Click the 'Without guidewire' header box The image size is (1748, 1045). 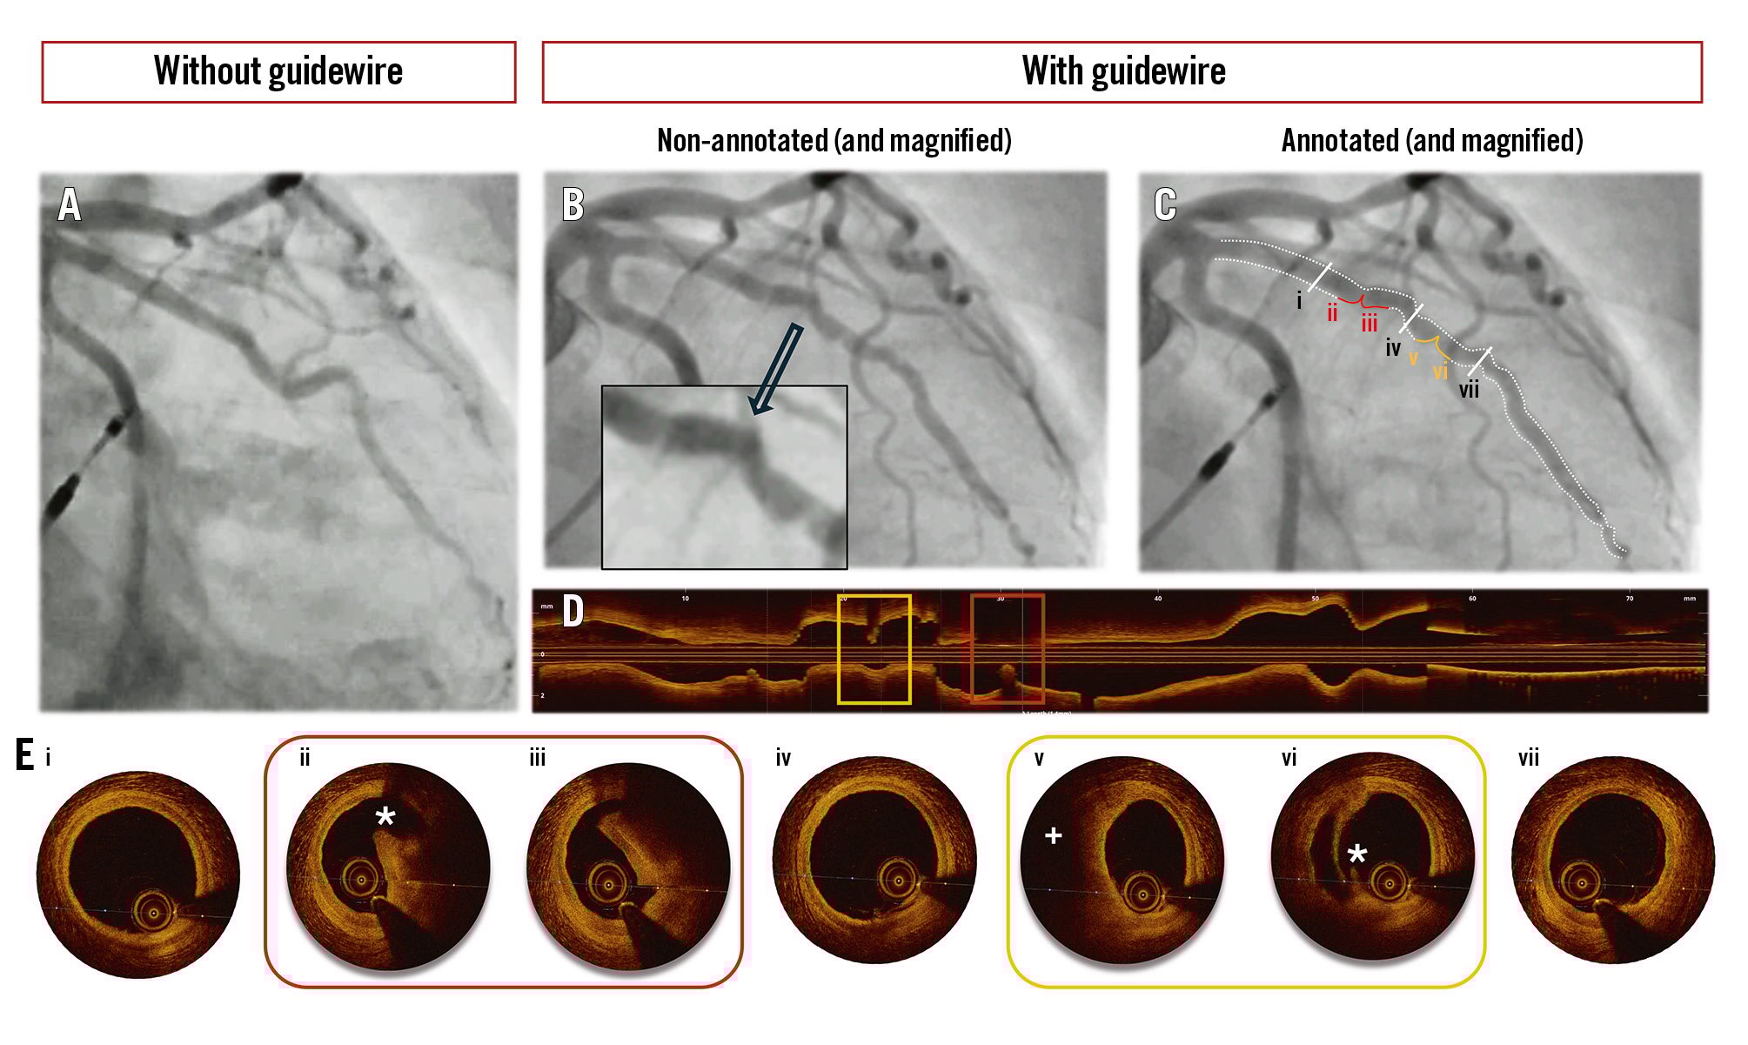click(278, 71)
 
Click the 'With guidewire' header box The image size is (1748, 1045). click(1122, 71)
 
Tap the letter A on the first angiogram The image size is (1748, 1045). click(70, 206)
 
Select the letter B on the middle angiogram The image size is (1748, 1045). click(573, 205)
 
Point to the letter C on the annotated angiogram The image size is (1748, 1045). click(1165, 205)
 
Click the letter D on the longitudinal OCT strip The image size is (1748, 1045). click(573, 612)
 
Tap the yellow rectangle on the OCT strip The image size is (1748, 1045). click(874, 648)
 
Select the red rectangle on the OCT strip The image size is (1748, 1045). click(1008, 648)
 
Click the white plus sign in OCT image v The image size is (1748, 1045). click(1053, 836)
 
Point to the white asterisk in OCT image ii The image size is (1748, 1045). click(385, 817)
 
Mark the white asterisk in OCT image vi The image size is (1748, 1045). click(1356, 854)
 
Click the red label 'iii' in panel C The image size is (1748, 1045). click(1370, 324)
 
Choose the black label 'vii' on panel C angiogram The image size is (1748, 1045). click(1469, 391)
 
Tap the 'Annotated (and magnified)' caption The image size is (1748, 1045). click(1431, 141)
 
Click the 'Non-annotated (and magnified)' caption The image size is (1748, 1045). click(834, 141)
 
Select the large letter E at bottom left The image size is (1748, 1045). click(25, 755)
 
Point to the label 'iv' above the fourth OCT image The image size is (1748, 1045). click(783, 759)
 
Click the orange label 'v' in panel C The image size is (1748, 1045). click(1412, 358)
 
